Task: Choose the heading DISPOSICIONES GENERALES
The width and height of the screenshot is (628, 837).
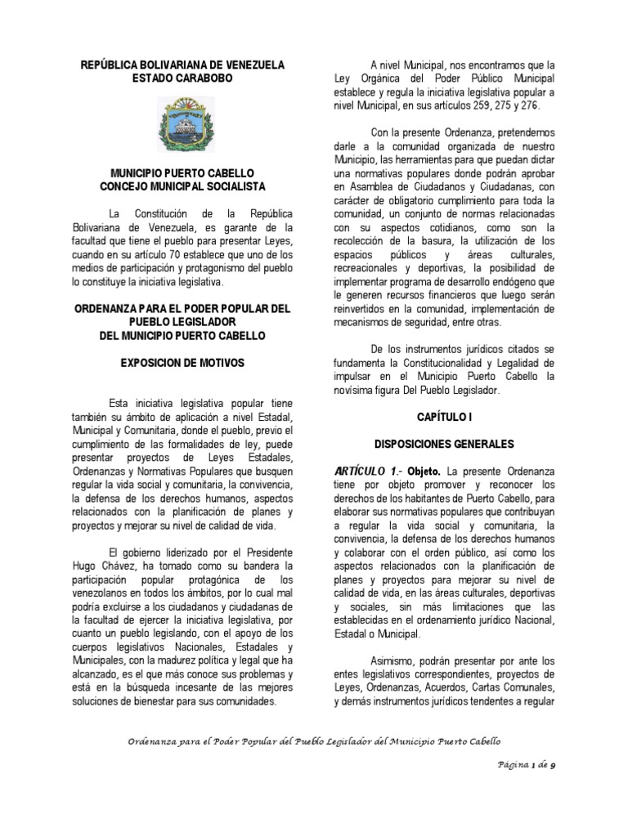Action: (x=443, y=444)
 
